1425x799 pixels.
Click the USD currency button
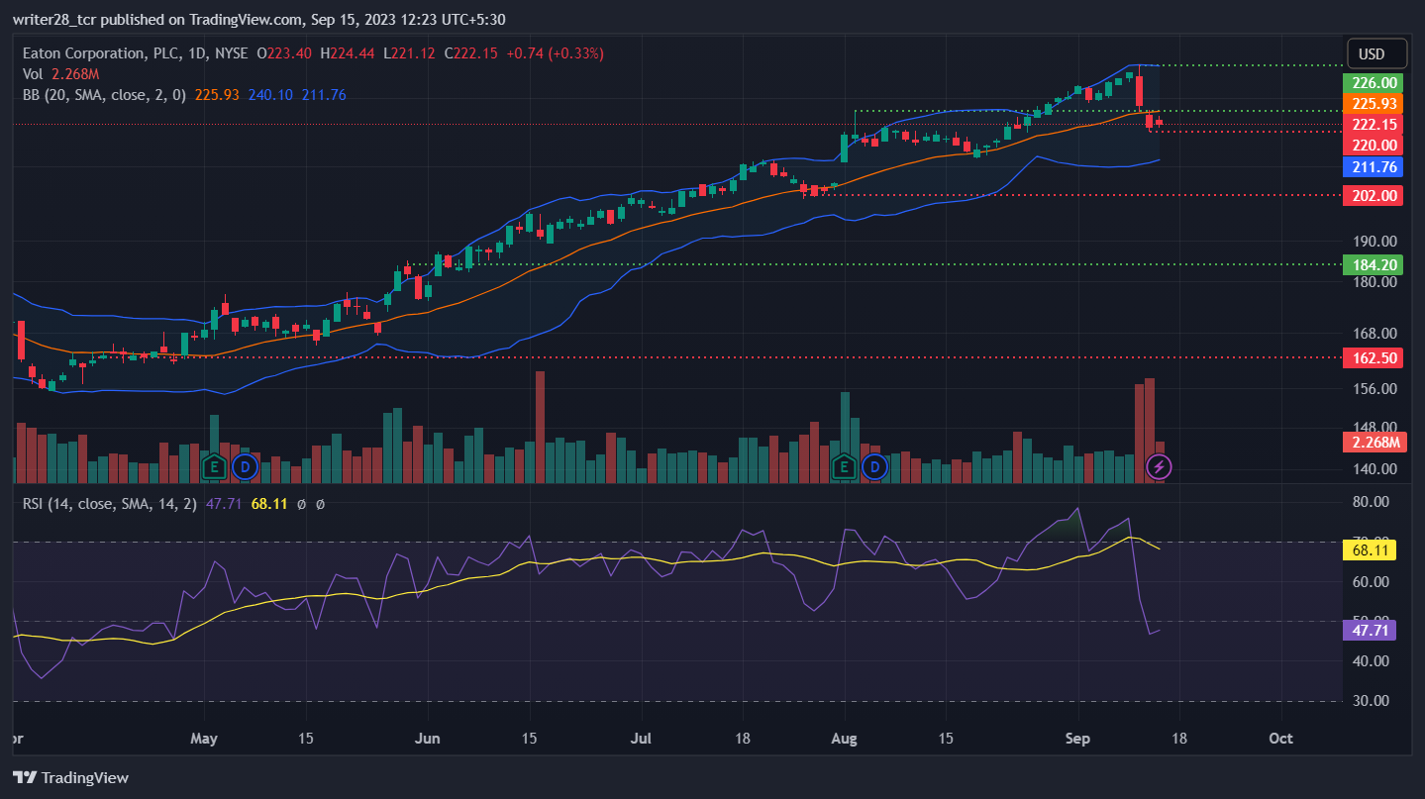[x=1376, y=54]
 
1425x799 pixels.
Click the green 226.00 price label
[x=1373, y=83]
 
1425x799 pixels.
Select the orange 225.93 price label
[x=1373, y=104]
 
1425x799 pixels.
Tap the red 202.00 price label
[x=1373, y=195]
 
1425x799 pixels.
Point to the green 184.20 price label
[x=1373, y=264]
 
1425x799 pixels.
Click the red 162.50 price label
[x=1373, y=358]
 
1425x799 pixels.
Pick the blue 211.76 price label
[x=1373, y=167]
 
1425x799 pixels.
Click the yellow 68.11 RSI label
[x=1369, y=549]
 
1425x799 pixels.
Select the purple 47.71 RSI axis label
[x=1369, y=631]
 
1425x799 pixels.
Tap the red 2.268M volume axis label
[x=1374, y=443]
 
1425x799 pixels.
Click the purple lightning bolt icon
[x=1159, y=467]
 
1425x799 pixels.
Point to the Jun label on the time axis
[x=428, y=739]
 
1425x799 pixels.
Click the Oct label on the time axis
[x=1281, y=739]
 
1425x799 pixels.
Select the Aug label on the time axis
[x=844, y=739]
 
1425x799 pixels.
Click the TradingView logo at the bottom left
[x=70, y=778]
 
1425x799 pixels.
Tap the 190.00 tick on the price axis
[x=1374, y=242]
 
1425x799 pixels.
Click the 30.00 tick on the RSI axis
[x=1371, y=701]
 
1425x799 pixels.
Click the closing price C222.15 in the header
[x=470, y=53]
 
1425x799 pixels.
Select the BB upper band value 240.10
[x=270, y=95]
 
